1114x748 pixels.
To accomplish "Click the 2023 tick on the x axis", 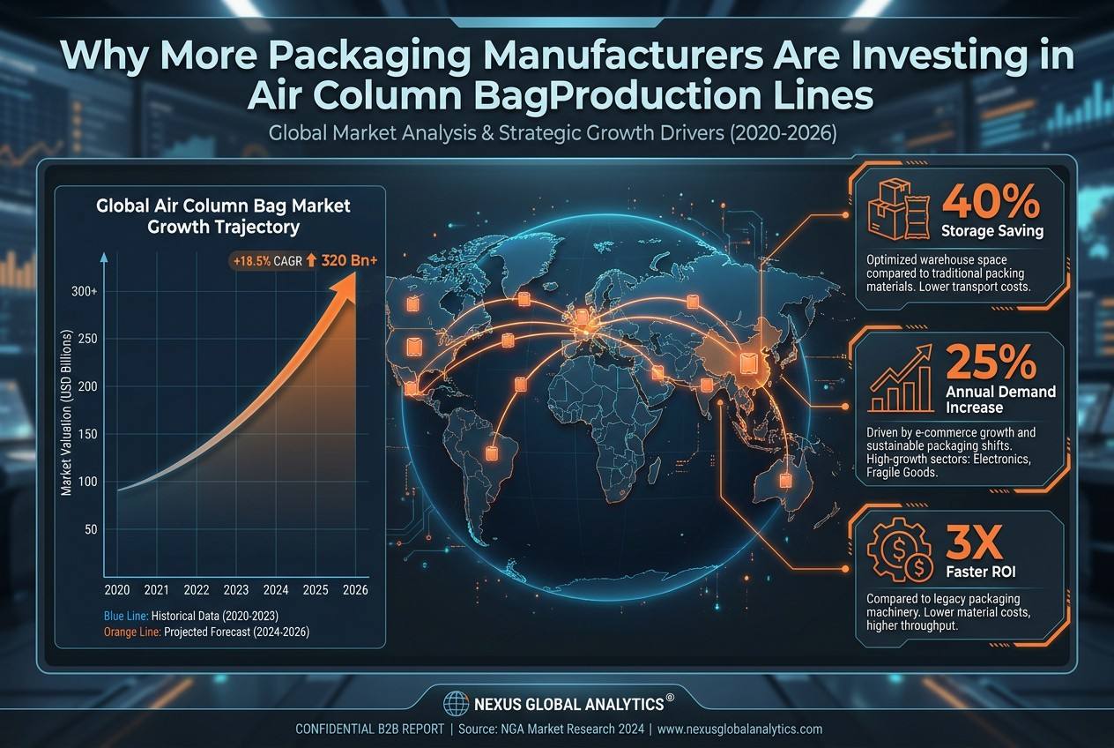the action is [235, 590].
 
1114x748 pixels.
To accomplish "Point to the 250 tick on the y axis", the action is [88, 339].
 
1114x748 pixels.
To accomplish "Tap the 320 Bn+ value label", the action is [349, 260].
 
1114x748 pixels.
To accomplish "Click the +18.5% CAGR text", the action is [268, 261].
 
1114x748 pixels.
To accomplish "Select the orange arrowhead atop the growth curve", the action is [343, 286].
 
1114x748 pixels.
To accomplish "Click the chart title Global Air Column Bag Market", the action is [223, 206].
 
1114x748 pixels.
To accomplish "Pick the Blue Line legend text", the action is [126, 616].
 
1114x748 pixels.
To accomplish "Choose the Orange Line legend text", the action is [132, 632].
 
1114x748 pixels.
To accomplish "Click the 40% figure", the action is [991, 201].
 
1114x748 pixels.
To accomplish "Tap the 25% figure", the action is [991, 362].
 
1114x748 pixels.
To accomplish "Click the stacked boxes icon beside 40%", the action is [899, 210].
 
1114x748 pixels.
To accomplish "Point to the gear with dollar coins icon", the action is [899, 550].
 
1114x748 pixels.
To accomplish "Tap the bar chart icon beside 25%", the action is [901, 378].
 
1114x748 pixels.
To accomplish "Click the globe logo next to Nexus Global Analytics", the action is [456, 704].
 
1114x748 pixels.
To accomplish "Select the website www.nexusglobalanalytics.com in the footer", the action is [739, 729].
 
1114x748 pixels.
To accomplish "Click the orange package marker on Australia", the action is [785, 481].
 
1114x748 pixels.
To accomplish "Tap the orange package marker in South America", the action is [492, 454].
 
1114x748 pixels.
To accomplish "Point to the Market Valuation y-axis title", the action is [66, 413].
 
